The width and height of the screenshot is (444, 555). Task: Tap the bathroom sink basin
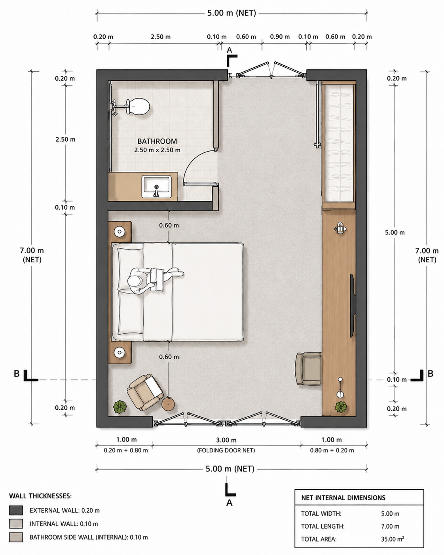(x=157, y=187)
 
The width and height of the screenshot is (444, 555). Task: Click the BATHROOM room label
(x=157, y=141)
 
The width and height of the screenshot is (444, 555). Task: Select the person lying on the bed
(x=155, y=280)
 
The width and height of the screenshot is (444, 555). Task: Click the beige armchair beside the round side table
(x=145, y=392)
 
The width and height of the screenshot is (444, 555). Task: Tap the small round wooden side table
(x=168, y=404)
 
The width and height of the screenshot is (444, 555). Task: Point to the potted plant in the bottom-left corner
(x=120, y=407)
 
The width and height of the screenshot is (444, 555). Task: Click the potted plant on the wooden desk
(x=341, y=407)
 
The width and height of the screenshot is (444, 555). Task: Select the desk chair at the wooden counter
(x=309, y=369)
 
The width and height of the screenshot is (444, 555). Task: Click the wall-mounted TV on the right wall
(x=353, y=306)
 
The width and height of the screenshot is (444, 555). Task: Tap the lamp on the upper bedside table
(x=120, y=231)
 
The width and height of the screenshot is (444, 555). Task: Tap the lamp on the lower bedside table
(x=120, y=352)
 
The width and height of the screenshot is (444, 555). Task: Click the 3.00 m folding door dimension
(x=226, y=440)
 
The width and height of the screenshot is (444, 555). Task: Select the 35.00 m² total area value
(x=393, y=539)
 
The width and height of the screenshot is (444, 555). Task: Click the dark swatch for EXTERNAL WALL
(x=16, y=510)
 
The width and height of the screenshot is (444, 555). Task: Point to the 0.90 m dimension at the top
(x=280, y=37)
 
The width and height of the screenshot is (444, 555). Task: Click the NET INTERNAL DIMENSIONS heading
(x=343, y=498)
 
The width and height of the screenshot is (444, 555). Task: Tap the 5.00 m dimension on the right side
(x=395, y=232)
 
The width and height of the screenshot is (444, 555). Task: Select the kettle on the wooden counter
(x=340, y=228)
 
